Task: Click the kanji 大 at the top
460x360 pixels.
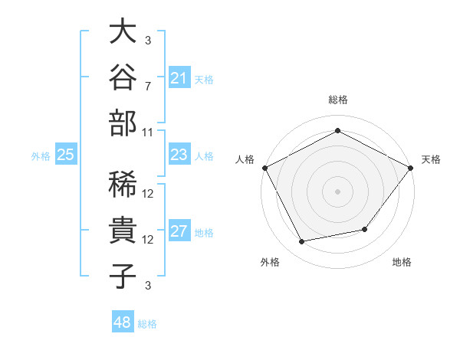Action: [x=123, y=31]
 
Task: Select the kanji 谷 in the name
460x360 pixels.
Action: [x=123, y=77]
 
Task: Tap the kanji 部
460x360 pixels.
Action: [x=123, y=123]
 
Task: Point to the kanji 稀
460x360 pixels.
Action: [x=123, y=184]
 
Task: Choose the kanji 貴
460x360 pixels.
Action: [x=123, y=230]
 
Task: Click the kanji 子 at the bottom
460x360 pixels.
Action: [x=123, y=277]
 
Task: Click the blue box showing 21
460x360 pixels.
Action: [x=179, y=77]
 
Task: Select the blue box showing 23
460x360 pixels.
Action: [x=179, y=154]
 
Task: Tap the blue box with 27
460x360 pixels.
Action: [x=179, y=230]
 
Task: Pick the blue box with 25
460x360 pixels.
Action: [x=66, y=154]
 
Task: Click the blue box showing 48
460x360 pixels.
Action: [x=123, y=321]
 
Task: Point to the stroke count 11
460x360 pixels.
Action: [x=147, y=133]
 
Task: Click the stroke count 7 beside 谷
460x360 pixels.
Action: [x=148, y=87]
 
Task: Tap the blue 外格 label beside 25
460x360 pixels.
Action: [x=41, y=156]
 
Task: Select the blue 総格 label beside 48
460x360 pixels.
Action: [x=147, y=324]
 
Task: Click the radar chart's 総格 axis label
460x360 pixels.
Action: [x=338, y=100]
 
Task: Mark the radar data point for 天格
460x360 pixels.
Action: [x=411, y=168]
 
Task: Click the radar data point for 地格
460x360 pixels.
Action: [x=365, y=229]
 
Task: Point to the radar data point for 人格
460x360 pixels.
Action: [x=265, y=168]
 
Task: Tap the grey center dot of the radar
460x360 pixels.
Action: [x=337, y=191]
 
